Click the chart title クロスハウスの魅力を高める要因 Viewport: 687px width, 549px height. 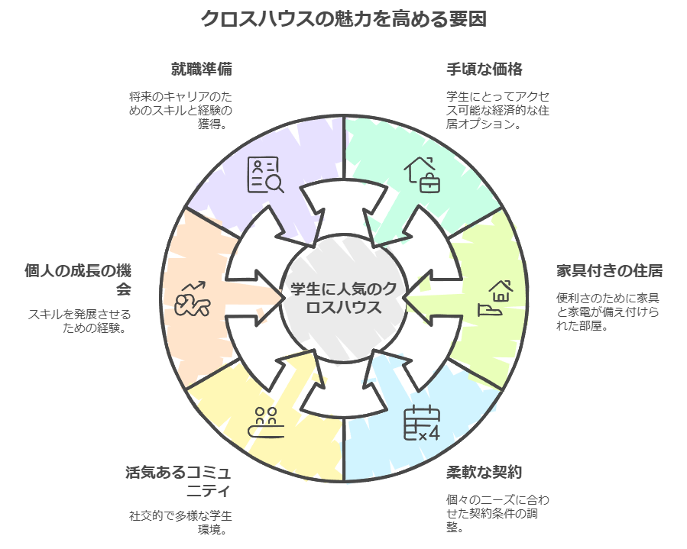pyautogui.click(x=343, y=18)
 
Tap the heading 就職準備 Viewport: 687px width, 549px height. pyautogui.click(x=201, y=69)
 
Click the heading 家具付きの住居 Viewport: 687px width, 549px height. pyautogui.click(x=608, y=270)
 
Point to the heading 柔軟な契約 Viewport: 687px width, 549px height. pyautogui.click(x=484, y=471)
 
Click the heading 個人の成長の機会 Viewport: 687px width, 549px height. pyautogui.click(x=78, y=279)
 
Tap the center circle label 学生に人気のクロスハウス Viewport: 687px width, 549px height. pyautogui.click(x=343, y=299)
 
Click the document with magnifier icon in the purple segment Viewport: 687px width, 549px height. pyautogui.click(x=265, y=175)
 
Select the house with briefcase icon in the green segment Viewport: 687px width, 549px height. pyautogui.click(x=423, y=174)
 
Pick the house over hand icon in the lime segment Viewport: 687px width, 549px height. pyautogui.click(x=495, y=298)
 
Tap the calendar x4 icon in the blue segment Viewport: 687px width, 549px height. pyautogui.click(x=422, y=424)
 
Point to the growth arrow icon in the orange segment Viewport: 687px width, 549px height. pyautogui.click(x=193, y=299)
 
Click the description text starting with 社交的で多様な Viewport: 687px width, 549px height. pyautogui.click(x=180, y=522)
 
